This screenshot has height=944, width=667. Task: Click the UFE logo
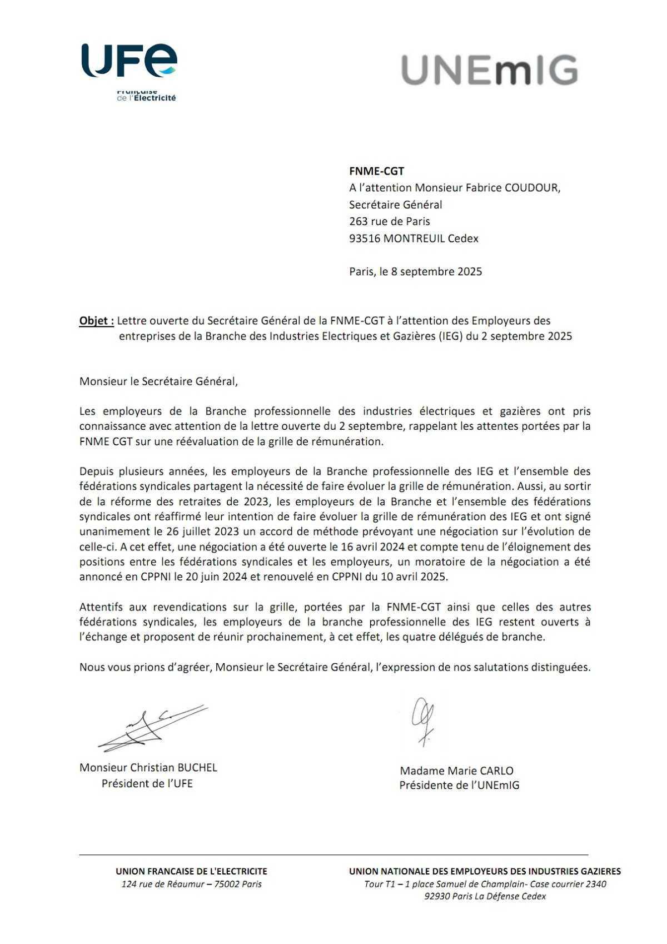point(129,69)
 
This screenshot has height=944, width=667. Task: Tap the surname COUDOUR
point(532,188)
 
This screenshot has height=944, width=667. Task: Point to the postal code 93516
point(365,239)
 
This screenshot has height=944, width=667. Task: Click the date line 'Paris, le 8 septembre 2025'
point(415,272)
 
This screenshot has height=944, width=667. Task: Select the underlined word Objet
point(96,321)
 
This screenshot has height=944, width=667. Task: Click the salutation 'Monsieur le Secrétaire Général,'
point(158,381)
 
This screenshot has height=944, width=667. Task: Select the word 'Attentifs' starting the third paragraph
point(101,607)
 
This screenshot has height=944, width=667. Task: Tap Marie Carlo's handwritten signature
point(423,719)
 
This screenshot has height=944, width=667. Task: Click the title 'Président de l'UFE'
point(147,783)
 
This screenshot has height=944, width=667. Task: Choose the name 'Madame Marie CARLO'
point(456,771)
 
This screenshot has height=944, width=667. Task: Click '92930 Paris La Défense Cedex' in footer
point(485,896)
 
